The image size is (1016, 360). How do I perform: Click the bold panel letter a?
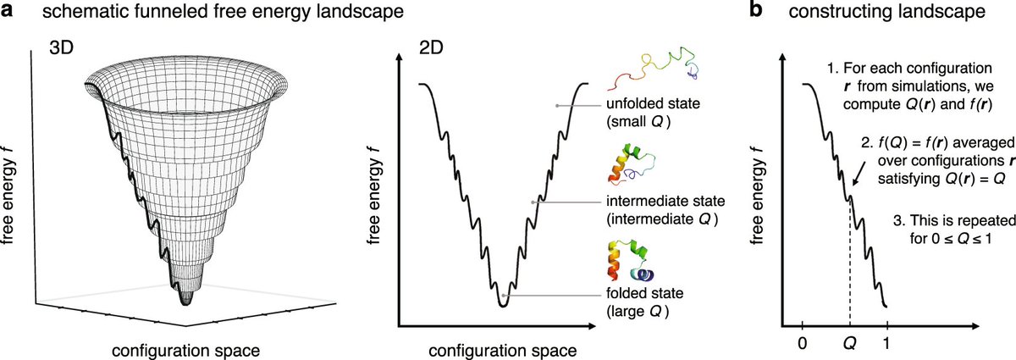coord(8,13)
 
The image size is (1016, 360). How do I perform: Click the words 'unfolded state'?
coord(648,105)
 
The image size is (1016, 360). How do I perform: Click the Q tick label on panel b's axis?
coord(849,345)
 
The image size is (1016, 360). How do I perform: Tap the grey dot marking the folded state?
coord(503,295)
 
